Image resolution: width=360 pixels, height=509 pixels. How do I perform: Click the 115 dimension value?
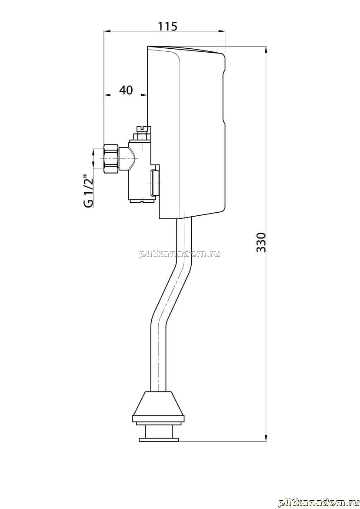[168, 26]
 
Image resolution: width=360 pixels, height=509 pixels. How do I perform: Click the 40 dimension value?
[126, 90]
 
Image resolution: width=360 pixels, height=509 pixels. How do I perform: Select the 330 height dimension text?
[261, 242]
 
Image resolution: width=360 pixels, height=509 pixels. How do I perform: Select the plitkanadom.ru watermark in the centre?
[180, 254]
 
